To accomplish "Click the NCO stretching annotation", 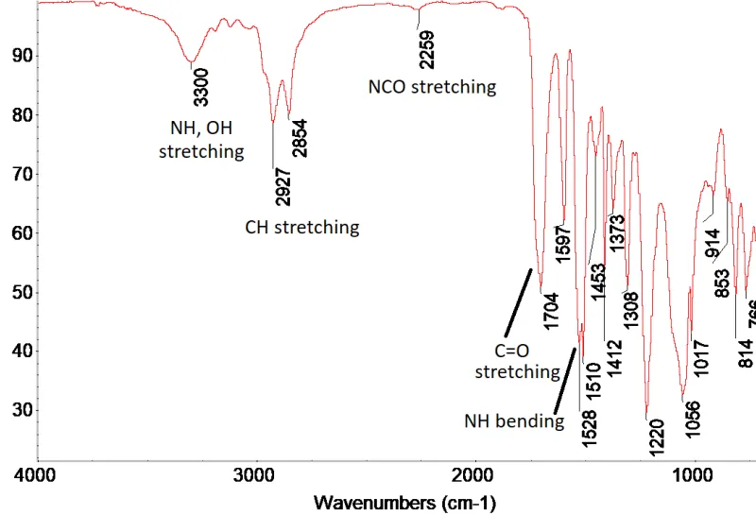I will click(432, 87).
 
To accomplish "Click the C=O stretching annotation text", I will click(517, 361).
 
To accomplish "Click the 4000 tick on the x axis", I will click(37, 474).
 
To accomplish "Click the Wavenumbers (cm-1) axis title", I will click(404, 500).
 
